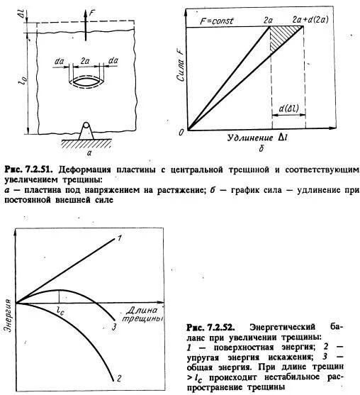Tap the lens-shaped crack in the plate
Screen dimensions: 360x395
click(88, 79)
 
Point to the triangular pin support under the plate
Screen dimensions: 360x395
click(88, 130)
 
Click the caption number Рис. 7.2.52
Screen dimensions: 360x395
click(211, 327)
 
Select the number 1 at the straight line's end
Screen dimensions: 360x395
click(120, 238)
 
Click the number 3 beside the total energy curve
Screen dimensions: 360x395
click(113, 327)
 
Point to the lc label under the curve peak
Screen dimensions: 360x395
click(60, 311)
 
